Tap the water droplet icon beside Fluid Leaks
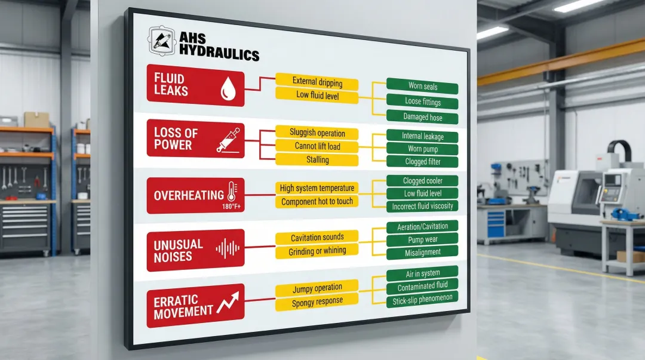tap(228, 90)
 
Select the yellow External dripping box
tap(317, 81)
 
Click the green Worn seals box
tap(422, 86)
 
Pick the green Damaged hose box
tap(422, 117)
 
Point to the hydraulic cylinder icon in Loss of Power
tap(228, 140)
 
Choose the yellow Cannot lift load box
tap(317, 146)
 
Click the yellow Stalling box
tap(317, 160)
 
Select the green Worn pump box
tap(422, 149)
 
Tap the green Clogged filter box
tap(422, 162)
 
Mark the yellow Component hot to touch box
tap(317, 202)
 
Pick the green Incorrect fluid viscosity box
tap(422, 207)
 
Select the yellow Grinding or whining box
tap(317, 251)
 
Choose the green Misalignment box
tap(422, 254)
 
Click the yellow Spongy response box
tap(317, 301)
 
